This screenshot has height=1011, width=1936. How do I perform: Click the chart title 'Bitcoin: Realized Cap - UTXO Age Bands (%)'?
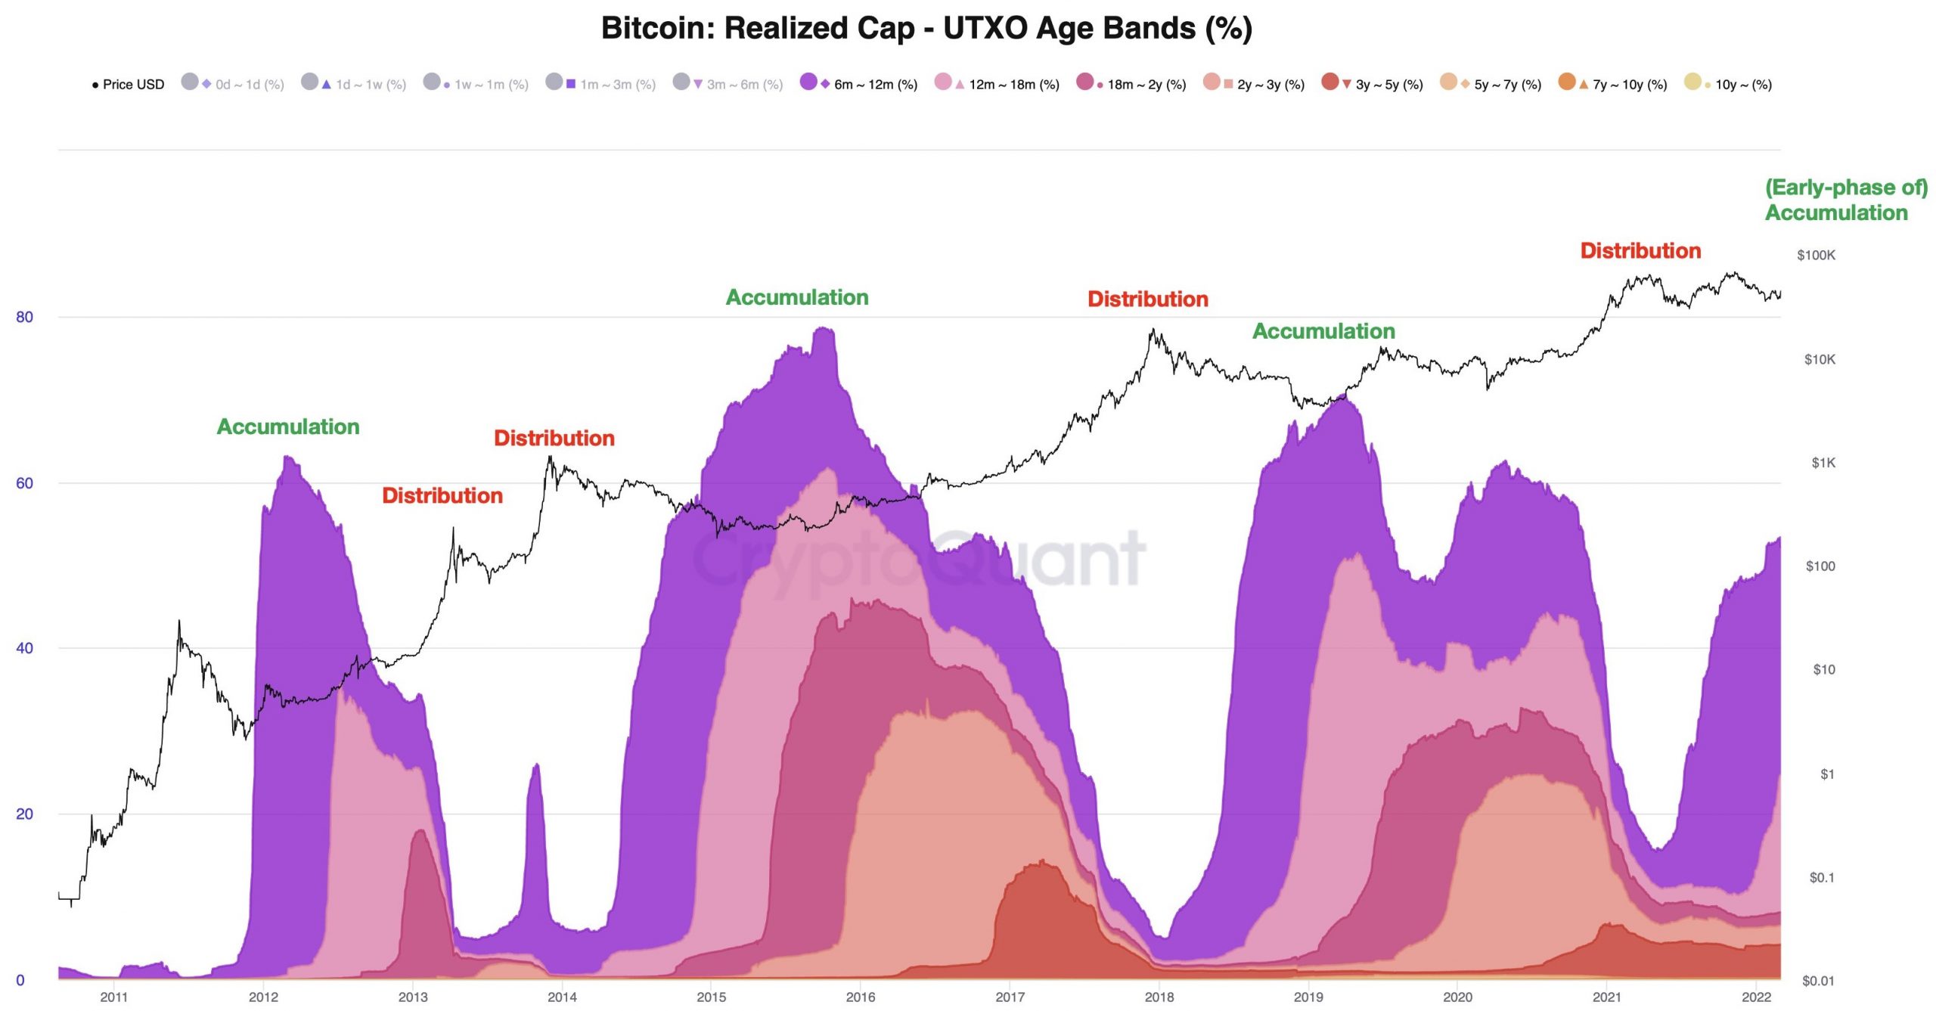(x=926, y=29)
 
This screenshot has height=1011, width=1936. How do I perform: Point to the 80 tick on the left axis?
(x=25, y=317)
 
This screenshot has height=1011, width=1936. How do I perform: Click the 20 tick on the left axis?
(x=25, y=814)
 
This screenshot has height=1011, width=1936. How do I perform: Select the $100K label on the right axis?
(x=1816, y=256)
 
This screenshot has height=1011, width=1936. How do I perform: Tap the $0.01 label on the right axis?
(x=1818, y=981)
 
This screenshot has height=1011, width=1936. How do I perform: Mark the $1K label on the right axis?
(x=1823, y=463)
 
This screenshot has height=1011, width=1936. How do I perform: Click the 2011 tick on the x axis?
(x=114, y=997)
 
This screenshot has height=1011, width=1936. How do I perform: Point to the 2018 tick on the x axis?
(x=1159, y=997)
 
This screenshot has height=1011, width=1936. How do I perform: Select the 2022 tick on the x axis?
(x=1756, y=997)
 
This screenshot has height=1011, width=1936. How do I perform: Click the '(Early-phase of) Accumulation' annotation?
(x=1845, y=200)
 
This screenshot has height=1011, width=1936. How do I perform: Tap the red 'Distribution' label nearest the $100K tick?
(x=1640, y=251)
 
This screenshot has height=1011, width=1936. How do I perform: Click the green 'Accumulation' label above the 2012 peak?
(x=288, y=427)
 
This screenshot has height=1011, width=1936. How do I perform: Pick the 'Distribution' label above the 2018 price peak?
(x=1147, y=299)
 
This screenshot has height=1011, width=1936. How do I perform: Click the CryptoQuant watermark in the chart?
(x=919, y=560)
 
